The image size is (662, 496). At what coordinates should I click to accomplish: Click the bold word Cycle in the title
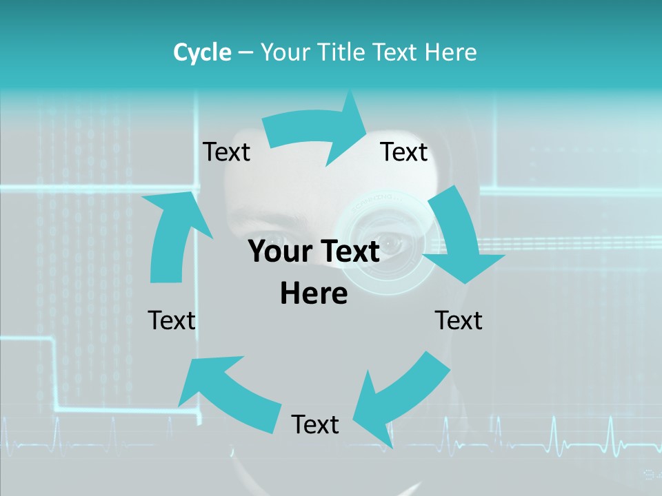tap(202, 52)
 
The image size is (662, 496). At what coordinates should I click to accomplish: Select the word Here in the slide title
tap(451, 52)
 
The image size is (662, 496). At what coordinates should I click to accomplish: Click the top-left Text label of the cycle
tap(226, 152)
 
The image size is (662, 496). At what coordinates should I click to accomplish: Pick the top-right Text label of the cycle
tap(404, 152)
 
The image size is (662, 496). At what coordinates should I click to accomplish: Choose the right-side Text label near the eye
tap(459, 320)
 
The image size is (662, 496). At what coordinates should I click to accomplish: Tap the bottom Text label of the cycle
tap(315, 424)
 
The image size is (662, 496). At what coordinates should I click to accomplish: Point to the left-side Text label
tap(172, 320)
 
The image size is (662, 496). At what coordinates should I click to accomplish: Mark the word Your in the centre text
tap(275, 252)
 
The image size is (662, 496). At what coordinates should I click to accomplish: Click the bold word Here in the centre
tap(314, 294)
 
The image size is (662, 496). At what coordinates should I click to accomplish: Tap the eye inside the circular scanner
tap(390, 243)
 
